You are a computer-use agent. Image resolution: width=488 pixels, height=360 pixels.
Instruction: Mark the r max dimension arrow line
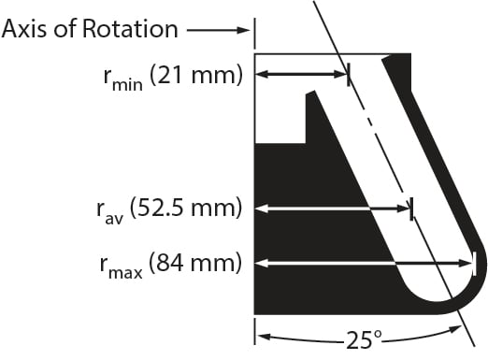[x=365, y=263]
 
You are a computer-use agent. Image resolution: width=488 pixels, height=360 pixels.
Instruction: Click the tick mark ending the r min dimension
[x=348, y=75]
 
